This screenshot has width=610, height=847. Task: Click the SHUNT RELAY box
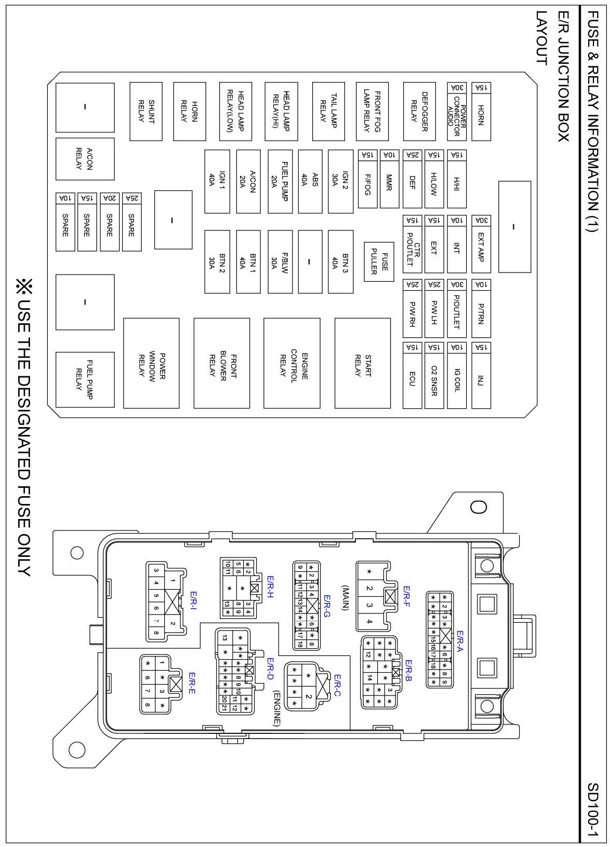[145, 111]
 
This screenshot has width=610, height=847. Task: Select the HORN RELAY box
[189, 111]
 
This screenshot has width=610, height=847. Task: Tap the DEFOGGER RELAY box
[419, 111]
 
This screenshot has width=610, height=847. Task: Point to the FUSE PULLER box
[379, 262]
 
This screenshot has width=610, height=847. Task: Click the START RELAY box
[363, 363]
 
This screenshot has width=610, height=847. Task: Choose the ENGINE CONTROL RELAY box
[291, 363]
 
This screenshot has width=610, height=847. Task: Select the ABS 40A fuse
[310, 182]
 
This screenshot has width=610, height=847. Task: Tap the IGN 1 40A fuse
[217, 182]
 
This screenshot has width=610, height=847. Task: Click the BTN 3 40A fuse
[340, 262]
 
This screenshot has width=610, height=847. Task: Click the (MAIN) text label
[345, 597]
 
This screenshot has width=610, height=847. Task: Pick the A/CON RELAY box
[85, 159]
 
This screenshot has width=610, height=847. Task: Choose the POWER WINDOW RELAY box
[151, 363]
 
